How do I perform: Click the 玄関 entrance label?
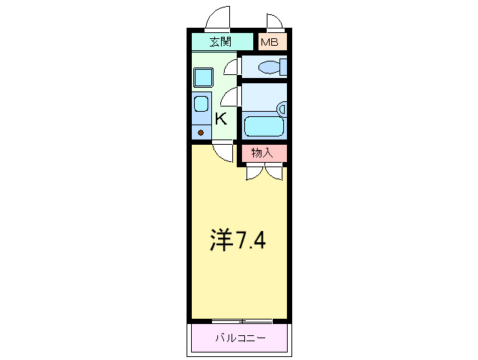220,42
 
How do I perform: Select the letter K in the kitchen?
221,118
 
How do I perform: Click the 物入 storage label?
261,153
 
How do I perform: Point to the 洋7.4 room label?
237,240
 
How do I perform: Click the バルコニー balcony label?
240,337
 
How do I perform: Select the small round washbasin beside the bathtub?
282,109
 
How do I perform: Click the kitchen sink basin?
201,103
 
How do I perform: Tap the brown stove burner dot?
201,133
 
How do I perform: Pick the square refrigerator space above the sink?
203,76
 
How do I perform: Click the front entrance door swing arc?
218,17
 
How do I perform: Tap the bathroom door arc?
230,95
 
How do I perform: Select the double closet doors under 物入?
264,172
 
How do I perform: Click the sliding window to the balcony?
240,321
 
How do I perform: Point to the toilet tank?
282,67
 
